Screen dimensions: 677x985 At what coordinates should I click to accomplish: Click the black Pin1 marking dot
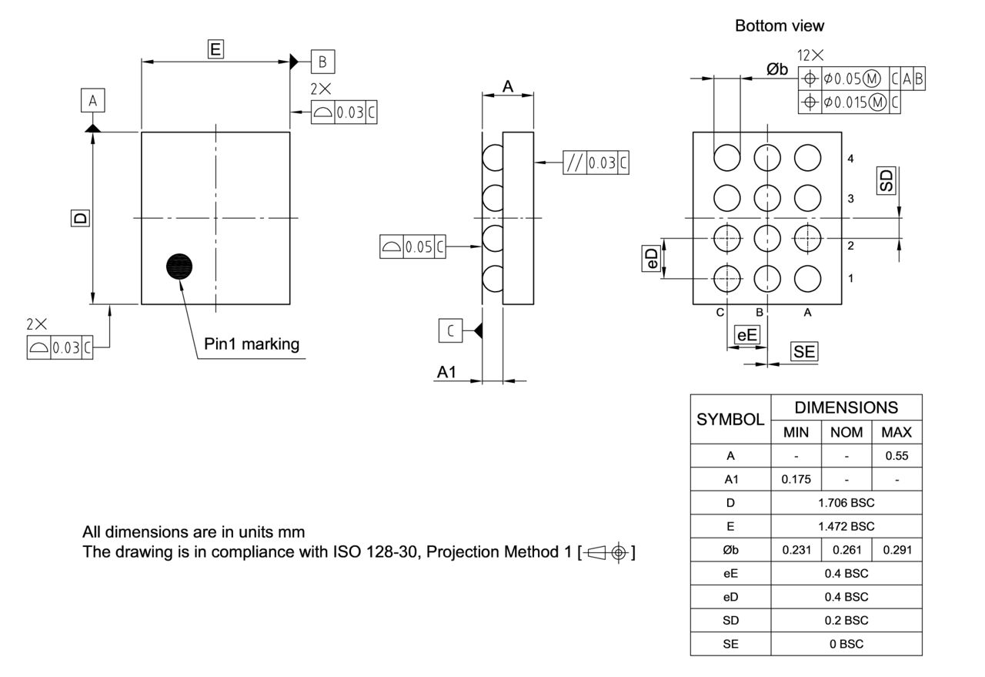tap(179, 266)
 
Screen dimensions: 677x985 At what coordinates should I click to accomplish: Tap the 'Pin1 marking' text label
tap(252, 344)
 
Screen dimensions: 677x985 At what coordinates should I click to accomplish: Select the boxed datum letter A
tap(92, 101)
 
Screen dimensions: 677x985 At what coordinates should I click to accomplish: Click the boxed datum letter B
tap(323, 61)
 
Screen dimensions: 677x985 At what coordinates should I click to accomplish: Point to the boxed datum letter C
tap(450, 330)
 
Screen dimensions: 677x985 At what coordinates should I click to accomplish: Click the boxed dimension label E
tap(215, 49)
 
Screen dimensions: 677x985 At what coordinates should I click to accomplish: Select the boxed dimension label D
tap(79, 218)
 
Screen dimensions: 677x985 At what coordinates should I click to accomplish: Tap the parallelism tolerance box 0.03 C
tap(596, 163)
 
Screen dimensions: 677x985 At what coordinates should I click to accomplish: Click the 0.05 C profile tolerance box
tap(412, 246)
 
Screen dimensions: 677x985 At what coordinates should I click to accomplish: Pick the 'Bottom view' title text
tap(779, 25)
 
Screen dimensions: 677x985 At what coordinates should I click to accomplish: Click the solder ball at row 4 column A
tap(807, 158)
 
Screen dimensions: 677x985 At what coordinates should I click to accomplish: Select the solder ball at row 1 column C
tap(726, 278)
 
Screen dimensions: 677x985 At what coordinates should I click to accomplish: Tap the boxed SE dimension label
tap(804, 352)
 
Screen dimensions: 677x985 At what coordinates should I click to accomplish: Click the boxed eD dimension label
tap(651, 258)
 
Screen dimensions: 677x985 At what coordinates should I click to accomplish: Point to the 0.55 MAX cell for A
tap(897, 455)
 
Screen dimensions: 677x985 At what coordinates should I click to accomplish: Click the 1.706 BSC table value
tap(846, 503)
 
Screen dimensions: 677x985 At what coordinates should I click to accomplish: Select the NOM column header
tap(846, 432)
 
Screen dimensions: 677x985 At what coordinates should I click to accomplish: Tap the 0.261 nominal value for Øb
tap(846, 550)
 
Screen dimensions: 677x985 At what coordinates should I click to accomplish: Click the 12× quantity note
tap(810, 55)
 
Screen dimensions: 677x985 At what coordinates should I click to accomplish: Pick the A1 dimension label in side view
tap(447, 372)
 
